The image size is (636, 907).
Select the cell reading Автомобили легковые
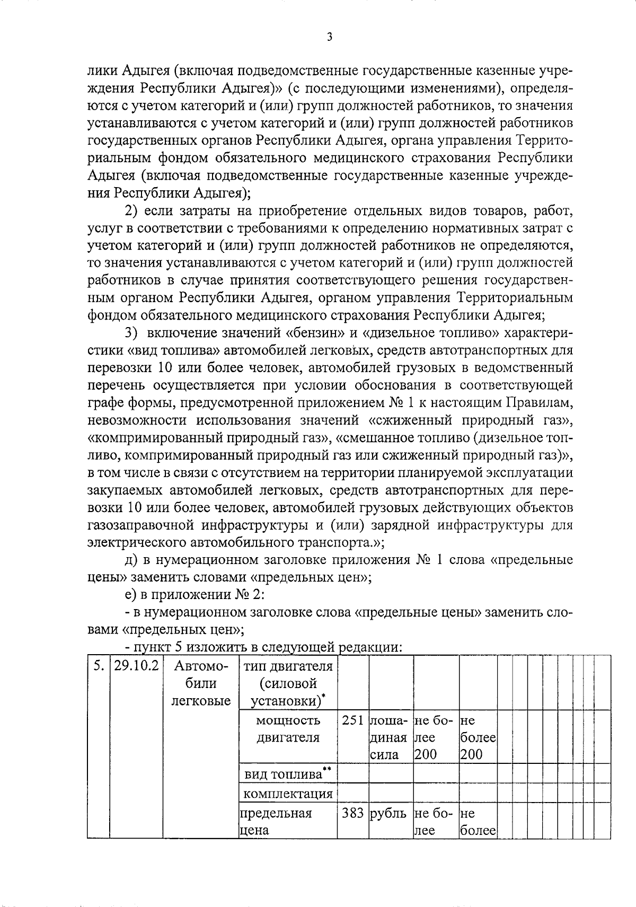201,683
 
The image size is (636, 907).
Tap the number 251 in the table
352,721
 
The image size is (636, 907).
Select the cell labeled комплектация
288,794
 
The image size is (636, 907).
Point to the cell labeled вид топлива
288,774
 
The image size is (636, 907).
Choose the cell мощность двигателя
288,729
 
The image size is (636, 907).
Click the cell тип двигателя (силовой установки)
288,683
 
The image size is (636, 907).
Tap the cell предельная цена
276,821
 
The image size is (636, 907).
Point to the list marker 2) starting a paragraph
131,211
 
